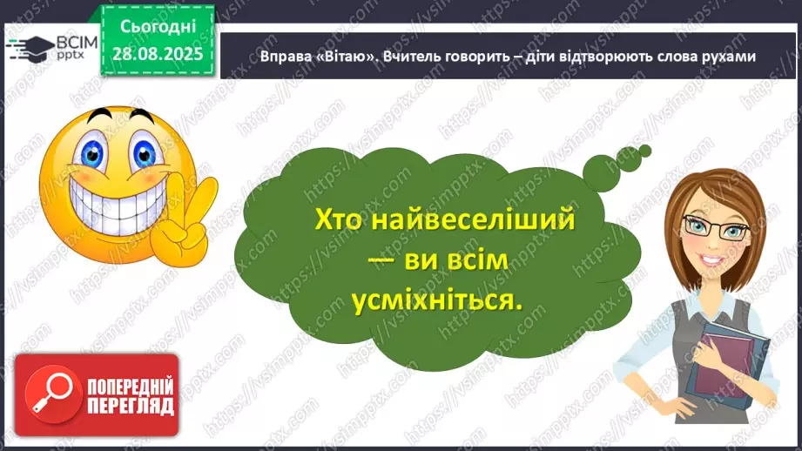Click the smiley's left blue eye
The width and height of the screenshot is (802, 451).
coord(88,149)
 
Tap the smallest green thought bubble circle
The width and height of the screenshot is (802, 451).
coord(644,151)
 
